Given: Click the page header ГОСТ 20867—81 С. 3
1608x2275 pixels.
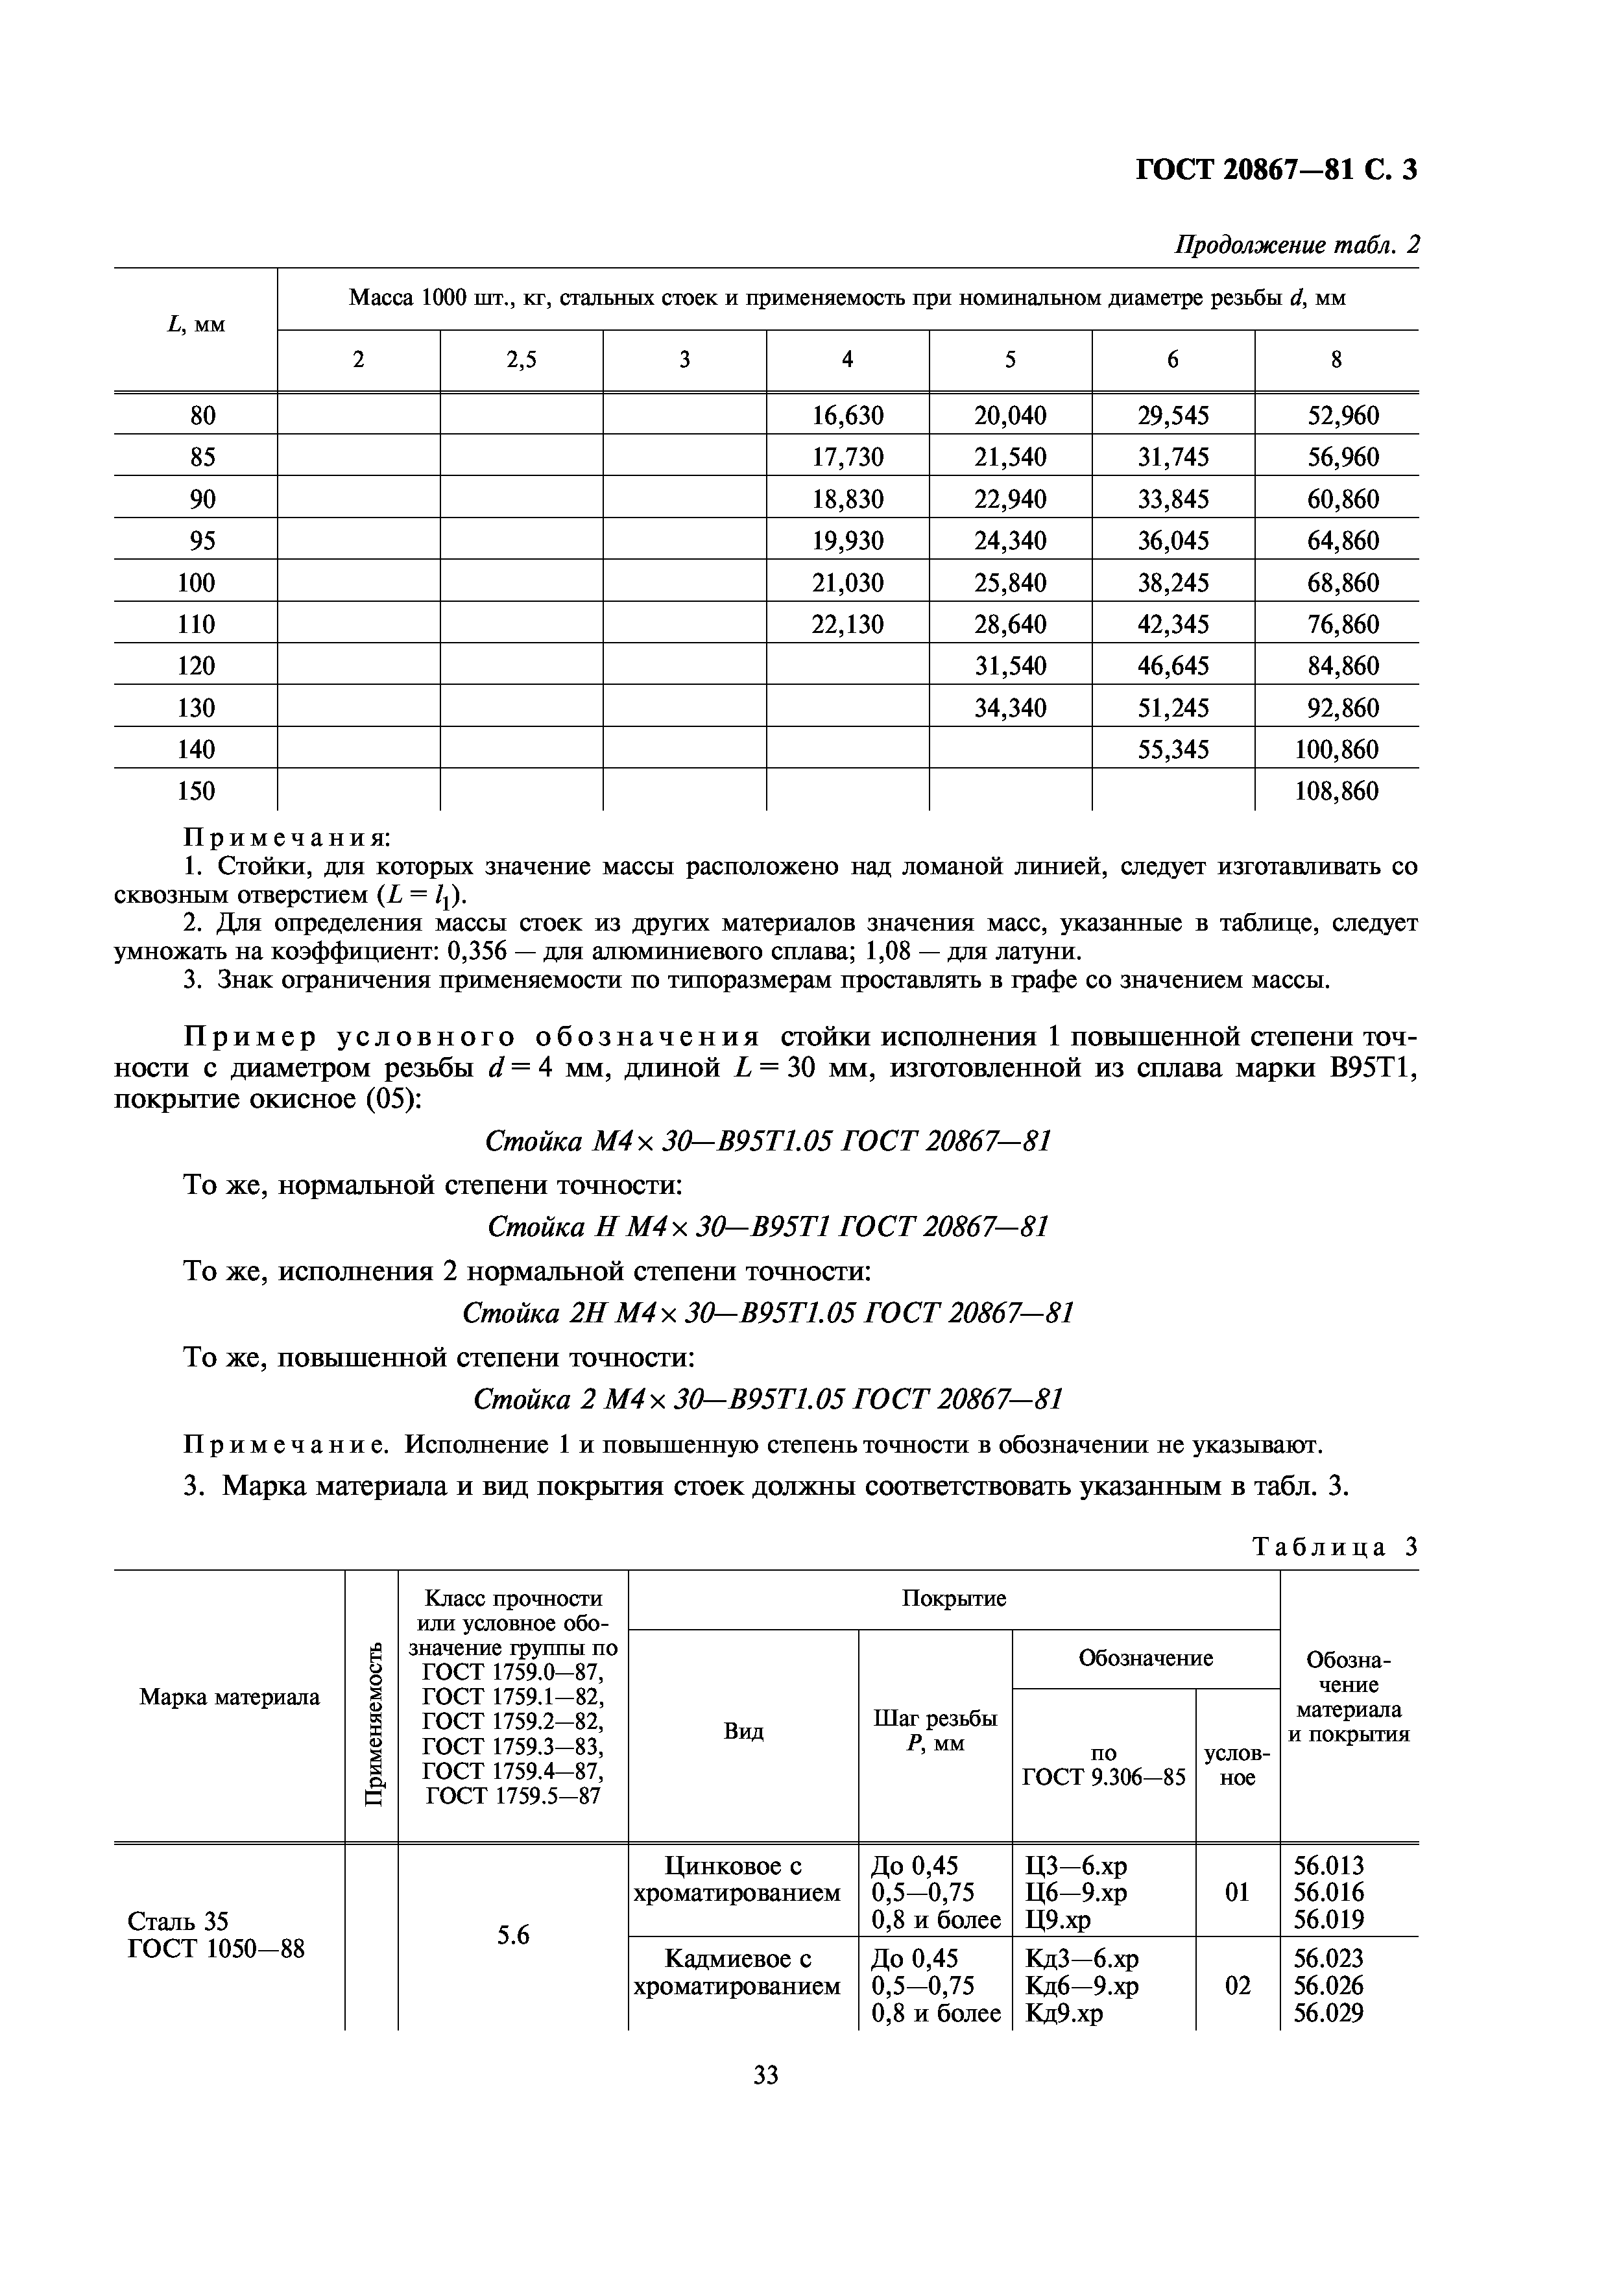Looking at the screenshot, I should pos(1275,171).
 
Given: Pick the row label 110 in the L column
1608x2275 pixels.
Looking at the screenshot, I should pos(195,625).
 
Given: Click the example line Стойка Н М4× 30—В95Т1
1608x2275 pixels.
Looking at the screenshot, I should pos(768,1228).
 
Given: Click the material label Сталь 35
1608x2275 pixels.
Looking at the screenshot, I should pos(178,1922).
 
